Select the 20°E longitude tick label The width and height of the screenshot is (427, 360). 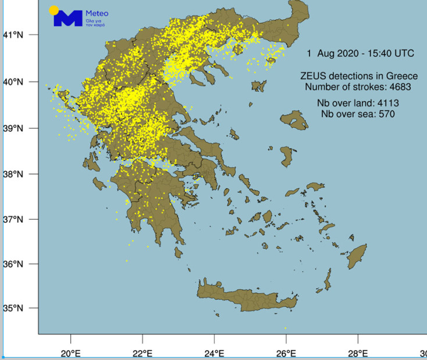pos(70,353)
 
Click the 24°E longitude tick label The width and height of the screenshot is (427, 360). pos(214,353)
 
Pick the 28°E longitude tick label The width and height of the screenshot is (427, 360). pos(357,353)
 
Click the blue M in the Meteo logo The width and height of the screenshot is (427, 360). pos(67,19)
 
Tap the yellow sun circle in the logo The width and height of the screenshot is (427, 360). pos(54,9)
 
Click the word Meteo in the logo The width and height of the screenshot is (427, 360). pos(97,13)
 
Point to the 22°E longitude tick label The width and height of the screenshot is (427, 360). pos(143,353)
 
